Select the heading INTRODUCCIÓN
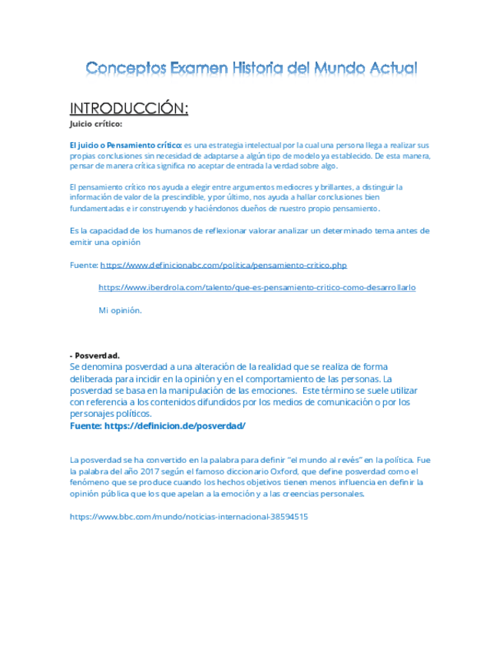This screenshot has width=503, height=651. pos(128,107)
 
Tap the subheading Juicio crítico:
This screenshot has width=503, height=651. pos(95,124)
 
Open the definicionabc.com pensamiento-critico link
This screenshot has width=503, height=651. pos(223,265)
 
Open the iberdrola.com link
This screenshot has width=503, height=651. pos(256,287)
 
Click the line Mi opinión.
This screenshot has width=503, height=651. pos(120,310)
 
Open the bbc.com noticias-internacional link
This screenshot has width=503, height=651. pos(188,517)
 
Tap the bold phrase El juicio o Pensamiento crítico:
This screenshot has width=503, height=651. pos(126,144)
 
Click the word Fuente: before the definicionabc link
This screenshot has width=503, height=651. pos(84,265)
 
